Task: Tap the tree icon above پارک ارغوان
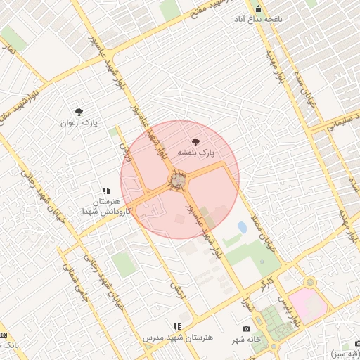tap(79, 111)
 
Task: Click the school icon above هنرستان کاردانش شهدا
tap(107, 191)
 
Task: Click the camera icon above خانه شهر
tap(246, 329)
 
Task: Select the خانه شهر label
tap(247, 340)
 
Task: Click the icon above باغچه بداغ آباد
tap(258, 10)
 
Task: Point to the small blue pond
tap(242, 227)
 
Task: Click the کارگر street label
tap(266, 284)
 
